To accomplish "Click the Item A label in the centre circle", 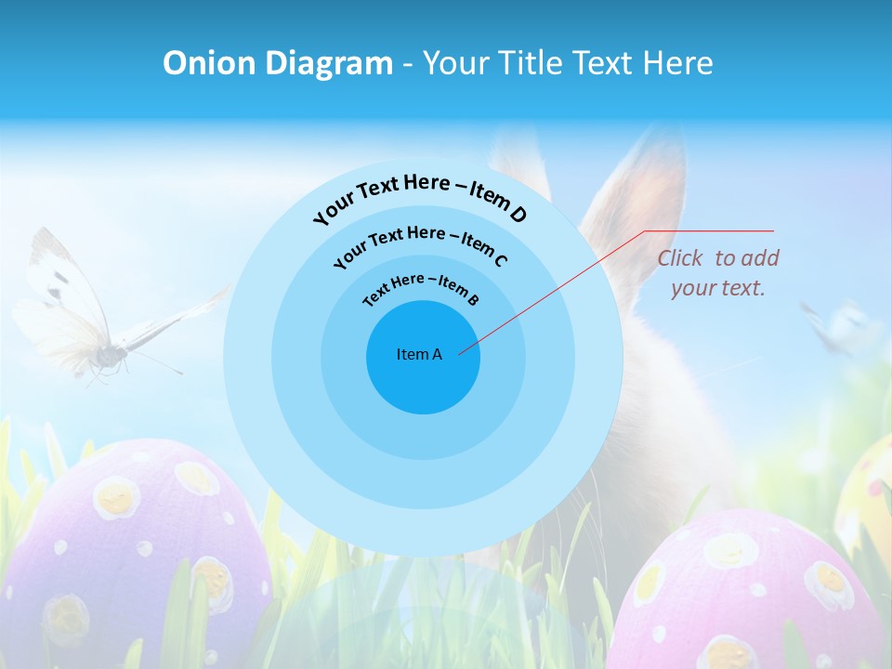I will (x=419, y=354).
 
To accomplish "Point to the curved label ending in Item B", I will (x=421, y=287).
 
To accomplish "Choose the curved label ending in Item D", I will (x=420, y=194).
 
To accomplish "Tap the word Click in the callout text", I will (x=681, y=258).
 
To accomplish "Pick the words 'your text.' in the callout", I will (x=717, y=288).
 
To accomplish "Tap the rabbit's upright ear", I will (x=641, y=186).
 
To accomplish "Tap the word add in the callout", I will (x=760, y=258).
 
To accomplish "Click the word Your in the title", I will (x=458, y=63).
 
